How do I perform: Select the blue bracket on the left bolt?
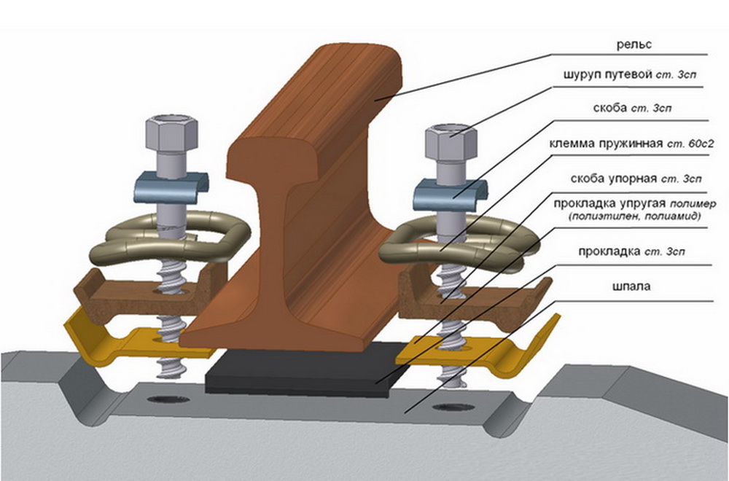point(171,187)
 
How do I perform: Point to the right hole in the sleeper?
point(444,404)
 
